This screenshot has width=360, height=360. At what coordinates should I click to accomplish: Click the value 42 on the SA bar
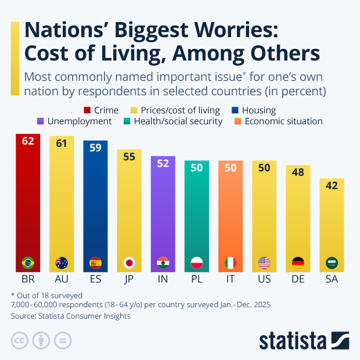pyautogui.click(x=332, y=187)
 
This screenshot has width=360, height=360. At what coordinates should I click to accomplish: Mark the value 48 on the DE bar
pyautogui.click(x=298, y=174)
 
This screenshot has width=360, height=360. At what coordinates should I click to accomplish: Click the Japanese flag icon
pyautogui.click(x=129, y=262)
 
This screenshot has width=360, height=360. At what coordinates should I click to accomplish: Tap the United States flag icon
pyautogui.click(x=264, y=262)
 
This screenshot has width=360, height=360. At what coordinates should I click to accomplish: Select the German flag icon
pyautogui.click(x=298, y=262)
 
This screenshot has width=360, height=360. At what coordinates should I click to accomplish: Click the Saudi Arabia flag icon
pyautogui.click(x=332, y=262)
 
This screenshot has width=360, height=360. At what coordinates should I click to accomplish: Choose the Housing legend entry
pyautogui.click(x=255, y=110)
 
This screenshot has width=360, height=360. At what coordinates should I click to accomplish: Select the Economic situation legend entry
pyautogui.click(x=278, y=121)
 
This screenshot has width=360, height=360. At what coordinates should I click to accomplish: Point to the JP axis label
pyautogui.click(x=129, y=279)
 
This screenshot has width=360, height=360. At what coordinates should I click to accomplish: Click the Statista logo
pyautogui.click(x=303, y=340)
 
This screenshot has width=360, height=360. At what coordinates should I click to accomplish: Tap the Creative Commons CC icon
pyautogui.click(x=20, y=340)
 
